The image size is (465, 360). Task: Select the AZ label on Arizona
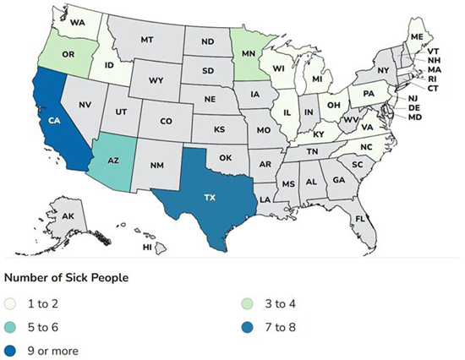[114, 158]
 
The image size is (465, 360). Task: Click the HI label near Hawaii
[146, 248]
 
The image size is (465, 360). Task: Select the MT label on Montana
[145, 40]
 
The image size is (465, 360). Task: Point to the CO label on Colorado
[166, 121]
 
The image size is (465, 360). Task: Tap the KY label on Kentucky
[318, 134]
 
